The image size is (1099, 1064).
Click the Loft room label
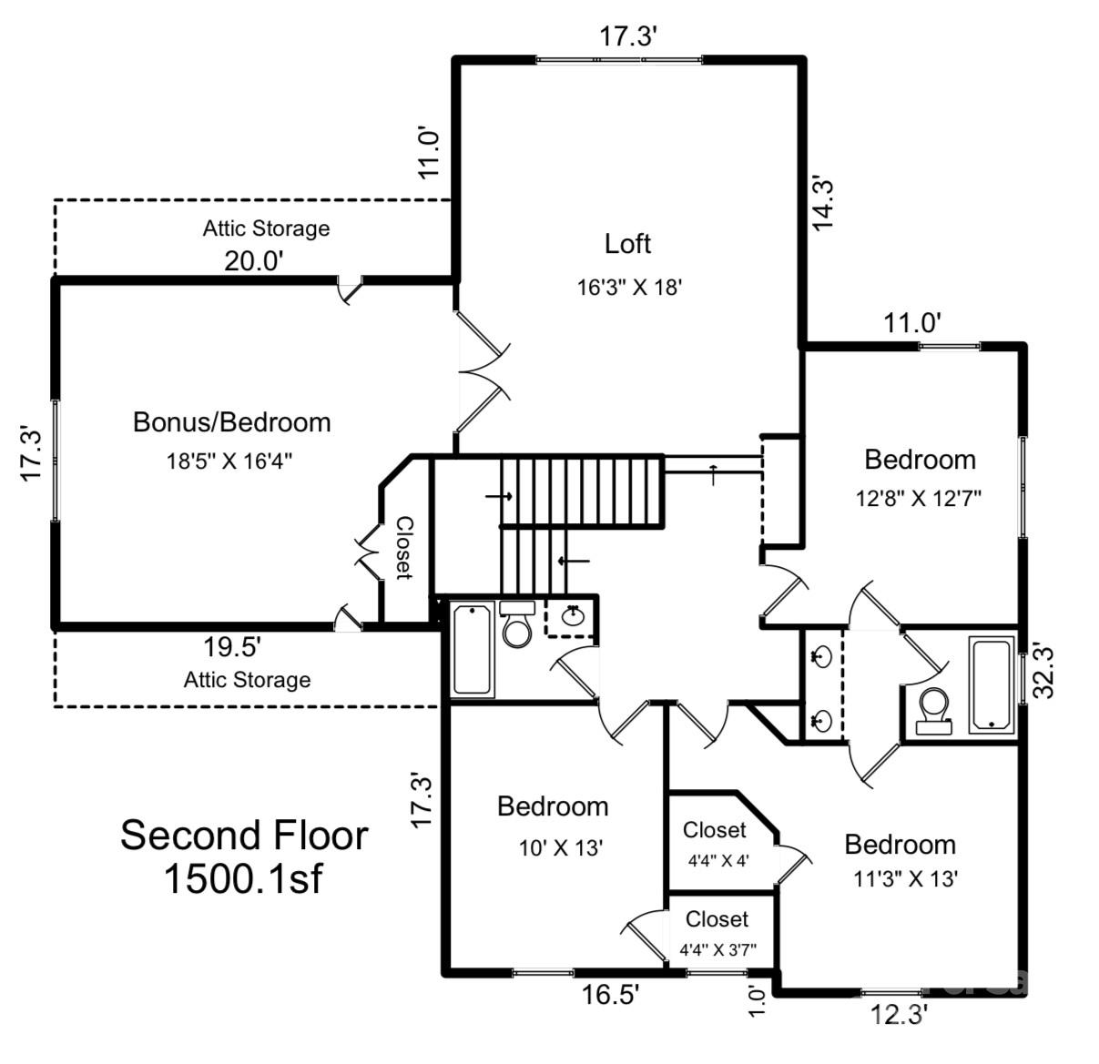pos(627,244)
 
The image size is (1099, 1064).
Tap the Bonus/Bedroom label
pos(231,422)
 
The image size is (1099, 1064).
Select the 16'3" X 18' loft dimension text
pos(629,288)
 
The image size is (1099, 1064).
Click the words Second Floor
pos(244,835)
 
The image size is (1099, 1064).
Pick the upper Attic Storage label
pos(266,228)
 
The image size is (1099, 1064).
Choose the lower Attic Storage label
pos(247,680)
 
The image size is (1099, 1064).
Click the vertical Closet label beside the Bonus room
pos(404,548)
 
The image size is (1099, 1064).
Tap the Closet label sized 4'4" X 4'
pos(715,830)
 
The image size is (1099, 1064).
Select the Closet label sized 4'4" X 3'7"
pos(717,919)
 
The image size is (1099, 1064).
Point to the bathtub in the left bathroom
pos(473,648)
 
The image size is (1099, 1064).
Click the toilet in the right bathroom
pos(933,710)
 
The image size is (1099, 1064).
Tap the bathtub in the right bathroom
pos(991,684)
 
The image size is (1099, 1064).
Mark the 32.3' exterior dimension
pos(1044,671)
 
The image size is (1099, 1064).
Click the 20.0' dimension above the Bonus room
pos(255,261)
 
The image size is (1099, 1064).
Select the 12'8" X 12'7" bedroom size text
pos(919,498)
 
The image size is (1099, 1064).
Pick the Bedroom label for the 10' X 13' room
pos(553,806)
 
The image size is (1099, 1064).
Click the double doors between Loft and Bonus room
pos(483,371)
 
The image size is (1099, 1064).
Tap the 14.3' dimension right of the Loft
pos(822,202)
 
